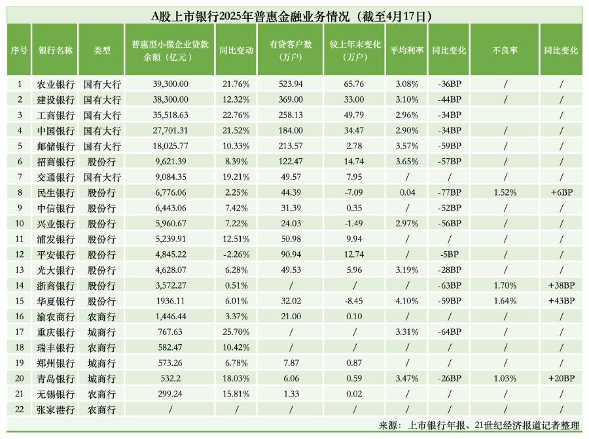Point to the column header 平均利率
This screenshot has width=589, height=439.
(407, 50)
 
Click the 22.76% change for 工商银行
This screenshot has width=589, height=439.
(236, 115)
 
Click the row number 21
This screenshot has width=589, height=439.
(19, 393)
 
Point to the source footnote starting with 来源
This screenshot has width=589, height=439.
(479, 425)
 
